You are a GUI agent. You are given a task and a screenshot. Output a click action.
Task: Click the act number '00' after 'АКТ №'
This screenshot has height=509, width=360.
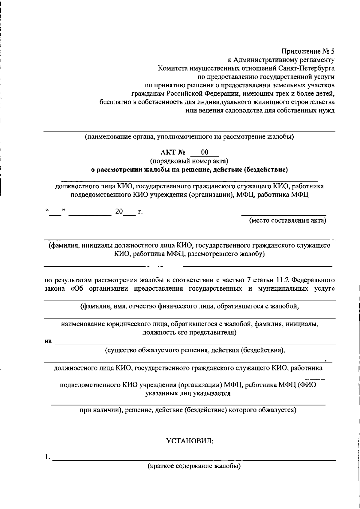(x=205, y=153)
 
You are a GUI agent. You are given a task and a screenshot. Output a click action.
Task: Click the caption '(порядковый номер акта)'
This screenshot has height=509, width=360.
(x=189, y=161)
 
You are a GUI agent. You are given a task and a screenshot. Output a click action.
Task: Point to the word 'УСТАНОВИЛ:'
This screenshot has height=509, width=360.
(x=190, y=441)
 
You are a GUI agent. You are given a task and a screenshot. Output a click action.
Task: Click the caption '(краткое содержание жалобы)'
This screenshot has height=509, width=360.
(x=194, y=466)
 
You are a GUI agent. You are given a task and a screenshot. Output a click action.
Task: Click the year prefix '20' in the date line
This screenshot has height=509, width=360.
(x=119, y=212)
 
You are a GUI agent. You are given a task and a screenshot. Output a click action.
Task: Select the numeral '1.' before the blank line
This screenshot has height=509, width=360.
(x=47, y=457)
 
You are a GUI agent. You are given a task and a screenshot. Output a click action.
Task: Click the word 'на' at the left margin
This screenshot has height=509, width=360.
(x=48, y=341)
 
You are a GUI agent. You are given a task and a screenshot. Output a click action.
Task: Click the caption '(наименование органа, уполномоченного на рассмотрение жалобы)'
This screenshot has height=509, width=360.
(x=189, y=137)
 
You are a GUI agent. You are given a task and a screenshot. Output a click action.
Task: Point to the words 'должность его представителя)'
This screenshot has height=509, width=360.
(x=189, y=333)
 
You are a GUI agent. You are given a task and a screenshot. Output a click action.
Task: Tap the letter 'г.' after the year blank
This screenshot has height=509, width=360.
(x=140, y=212)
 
